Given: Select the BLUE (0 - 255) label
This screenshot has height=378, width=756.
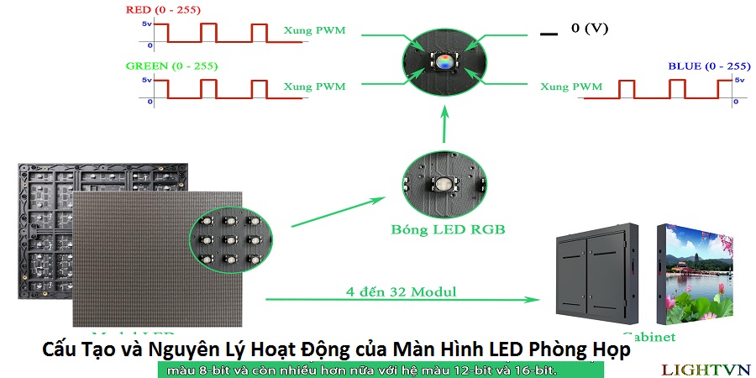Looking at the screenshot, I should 708,66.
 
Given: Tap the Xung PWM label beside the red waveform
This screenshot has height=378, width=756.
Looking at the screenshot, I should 314,32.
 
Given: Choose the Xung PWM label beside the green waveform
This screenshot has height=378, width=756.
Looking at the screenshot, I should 314,87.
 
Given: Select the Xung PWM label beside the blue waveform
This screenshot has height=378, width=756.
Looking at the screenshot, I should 571,87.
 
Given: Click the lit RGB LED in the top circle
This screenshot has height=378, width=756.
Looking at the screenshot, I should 444,60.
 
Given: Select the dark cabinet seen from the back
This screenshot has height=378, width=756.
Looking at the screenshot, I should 596,273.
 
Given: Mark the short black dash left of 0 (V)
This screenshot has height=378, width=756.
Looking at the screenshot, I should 549,34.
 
